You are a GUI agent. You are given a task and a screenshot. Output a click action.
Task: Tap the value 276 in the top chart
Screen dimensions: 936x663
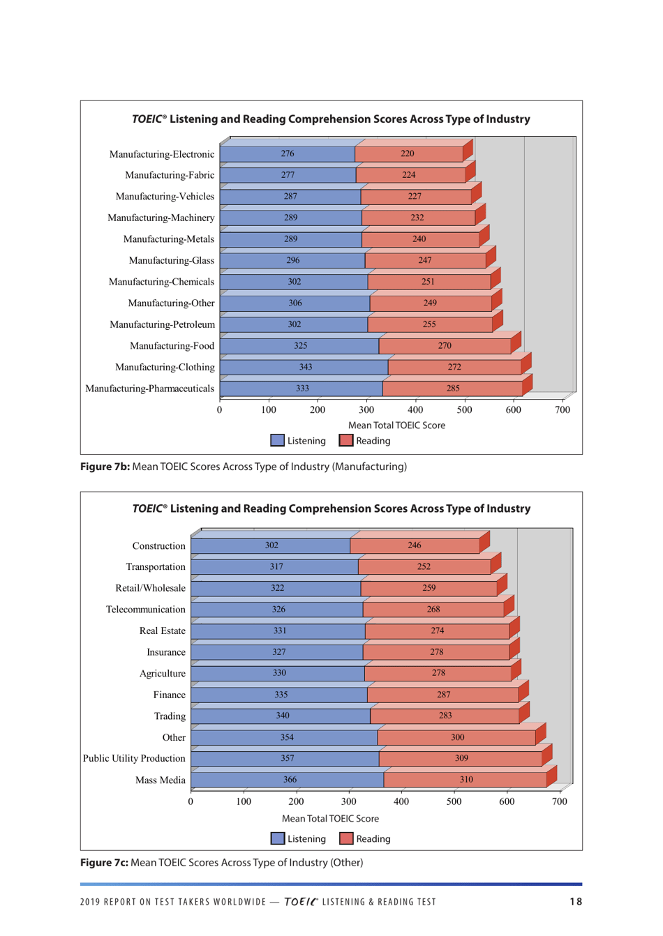[288, 153]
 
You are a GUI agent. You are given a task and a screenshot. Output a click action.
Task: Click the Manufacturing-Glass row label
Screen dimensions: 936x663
[172, 261]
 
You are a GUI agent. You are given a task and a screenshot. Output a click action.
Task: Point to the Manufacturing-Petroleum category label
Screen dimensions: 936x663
[162, 325]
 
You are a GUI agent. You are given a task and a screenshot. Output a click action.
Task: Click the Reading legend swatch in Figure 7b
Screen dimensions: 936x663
[346, 441]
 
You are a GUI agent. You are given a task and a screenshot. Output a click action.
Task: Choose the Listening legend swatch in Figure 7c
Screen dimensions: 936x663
[278, 839]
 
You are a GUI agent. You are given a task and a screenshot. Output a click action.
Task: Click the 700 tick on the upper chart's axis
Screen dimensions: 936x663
[563, 410]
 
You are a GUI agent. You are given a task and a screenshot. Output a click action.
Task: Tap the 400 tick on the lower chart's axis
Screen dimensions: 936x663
[401, 802]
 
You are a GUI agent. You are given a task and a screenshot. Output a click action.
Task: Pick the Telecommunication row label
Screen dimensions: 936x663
[146, 610]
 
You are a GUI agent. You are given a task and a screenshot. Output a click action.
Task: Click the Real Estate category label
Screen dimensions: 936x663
[163, 631]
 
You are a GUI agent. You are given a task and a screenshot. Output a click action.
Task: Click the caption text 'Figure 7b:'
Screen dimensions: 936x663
[105, 467]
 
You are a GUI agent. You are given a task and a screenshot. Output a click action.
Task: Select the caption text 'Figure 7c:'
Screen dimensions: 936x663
[104, 863]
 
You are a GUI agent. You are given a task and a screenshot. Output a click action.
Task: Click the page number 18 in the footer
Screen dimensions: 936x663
[576, 902]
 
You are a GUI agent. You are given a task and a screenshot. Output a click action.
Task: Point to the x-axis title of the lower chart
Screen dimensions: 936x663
[330, 819]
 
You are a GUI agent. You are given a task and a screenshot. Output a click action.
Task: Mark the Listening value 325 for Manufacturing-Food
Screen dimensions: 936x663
[301, 346]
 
